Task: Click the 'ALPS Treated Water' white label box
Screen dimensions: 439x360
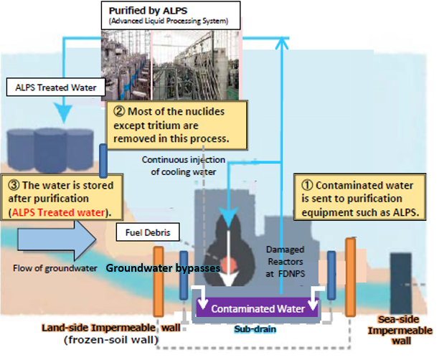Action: tap(56, 87)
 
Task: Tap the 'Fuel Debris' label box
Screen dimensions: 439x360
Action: tap(148, 232)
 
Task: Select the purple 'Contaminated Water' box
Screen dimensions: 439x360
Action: tap(258, 308)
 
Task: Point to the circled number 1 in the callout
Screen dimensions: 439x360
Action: tap(307, 185)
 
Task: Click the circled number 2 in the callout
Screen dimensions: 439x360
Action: tap(119, 111)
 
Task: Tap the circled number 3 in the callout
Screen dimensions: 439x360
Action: tap(14, 185)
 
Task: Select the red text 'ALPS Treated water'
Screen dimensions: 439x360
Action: tap(58, 212)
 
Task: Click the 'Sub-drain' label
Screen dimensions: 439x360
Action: tap(255, 329)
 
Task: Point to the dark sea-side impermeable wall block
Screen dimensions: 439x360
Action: tap(401, 283)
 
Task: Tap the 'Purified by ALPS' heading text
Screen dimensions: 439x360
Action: tap(148, 11)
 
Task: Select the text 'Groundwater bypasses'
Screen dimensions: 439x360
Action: tap(163, 268)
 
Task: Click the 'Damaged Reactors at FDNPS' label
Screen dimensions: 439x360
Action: tap(285, 262)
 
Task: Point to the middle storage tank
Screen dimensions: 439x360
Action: tap(50, 151)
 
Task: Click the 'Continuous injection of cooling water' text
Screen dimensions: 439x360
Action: tap(184, 166)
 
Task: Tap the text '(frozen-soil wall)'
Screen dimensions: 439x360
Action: tap(111, 340)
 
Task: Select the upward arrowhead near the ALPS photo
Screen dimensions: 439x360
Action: tap(282, 44)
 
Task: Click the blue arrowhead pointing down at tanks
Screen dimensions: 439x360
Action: tap(64, 113)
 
